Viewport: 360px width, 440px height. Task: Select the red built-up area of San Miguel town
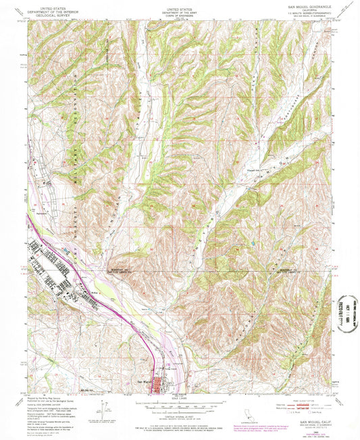coord(161,387)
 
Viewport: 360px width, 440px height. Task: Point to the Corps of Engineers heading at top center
coord(180,11)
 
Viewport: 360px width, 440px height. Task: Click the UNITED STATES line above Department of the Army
coord(180,3)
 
